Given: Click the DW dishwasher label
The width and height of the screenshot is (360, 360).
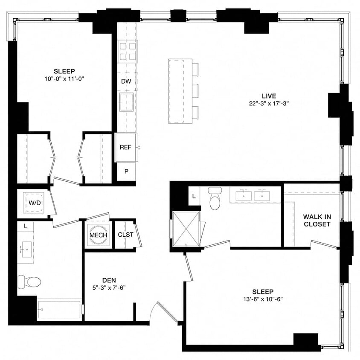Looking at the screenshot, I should pyautogui.click(x=126, y=81).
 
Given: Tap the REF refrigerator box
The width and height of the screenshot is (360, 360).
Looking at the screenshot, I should pyautogui.click(x=126, y=148).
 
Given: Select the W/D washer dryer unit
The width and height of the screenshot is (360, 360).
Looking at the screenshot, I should pyautogui.click(x=35, y=203).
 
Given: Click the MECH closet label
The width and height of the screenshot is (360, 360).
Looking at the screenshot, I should pyautogui.click(x=98, y=235).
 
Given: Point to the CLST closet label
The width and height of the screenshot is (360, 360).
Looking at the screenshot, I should pyautogui.click(x=125, y=235).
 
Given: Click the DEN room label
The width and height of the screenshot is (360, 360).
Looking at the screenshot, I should pyautogui.click(x=109, y=280).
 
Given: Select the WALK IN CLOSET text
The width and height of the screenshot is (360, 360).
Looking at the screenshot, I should pyautogui.click(x=316, y=221).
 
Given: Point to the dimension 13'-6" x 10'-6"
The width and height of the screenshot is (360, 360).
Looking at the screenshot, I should pyautogui.click(x=262, y=299).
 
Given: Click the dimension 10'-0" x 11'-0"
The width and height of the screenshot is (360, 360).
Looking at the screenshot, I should pyautogui.click(x=64, y=78).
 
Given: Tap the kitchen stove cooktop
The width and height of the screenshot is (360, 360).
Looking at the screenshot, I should pyautogui.click(x=128, y=51).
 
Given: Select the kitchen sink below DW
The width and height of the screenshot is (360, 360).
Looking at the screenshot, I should pyautogui.click(x=126, y=102).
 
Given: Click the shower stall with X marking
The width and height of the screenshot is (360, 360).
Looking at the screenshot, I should pyautogui.click(x=186, y=229).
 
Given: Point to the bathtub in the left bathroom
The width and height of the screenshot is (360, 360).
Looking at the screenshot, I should pyautogui.click(x=59, y=309).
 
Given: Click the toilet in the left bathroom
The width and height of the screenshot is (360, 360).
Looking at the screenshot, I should pyautogui.click(x=29, y=282).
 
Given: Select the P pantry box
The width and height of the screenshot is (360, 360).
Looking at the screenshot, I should pyautogui.click(x=126, y=171).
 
